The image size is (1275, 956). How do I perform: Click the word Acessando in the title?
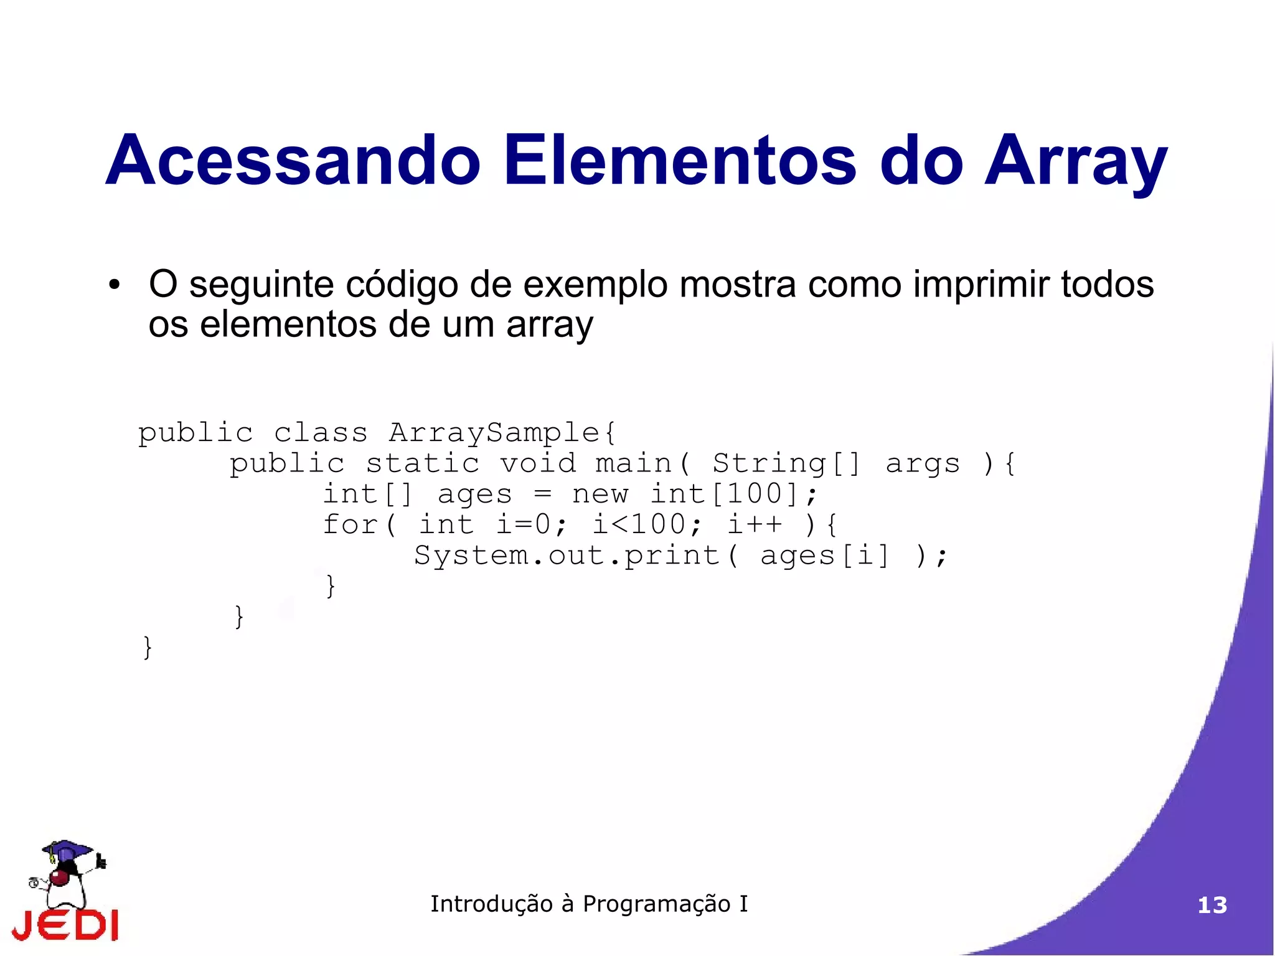coord(293,160)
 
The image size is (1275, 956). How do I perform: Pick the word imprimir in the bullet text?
coord(981,285)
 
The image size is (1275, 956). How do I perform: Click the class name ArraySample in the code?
coord(494,433)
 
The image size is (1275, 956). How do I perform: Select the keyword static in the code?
coord(422,463)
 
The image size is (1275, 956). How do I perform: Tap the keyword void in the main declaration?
coord(538,463)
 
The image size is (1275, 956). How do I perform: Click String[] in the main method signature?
coord(786,463)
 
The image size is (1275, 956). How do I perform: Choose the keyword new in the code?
coord(600,494)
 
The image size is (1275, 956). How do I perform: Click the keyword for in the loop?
coord(350,524)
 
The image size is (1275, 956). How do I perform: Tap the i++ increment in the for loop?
coord(755,524)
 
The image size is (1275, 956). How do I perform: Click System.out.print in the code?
coord(567,556)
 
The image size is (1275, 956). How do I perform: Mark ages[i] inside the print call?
coord(825,556)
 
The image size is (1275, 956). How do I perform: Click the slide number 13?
coord(1212,905)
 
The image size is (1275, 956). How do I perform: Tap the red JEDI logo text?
coord(65,925)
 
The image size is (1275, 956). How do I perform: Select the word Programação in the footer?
coord(656,904)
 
